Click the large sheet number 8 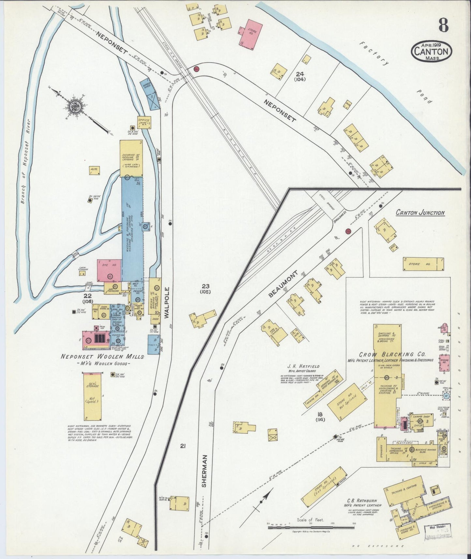coord(443,24)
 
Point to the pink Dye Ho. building coord(109,270)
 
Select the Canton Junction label coord(420,213)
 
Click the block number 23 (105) coord(206,288)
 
